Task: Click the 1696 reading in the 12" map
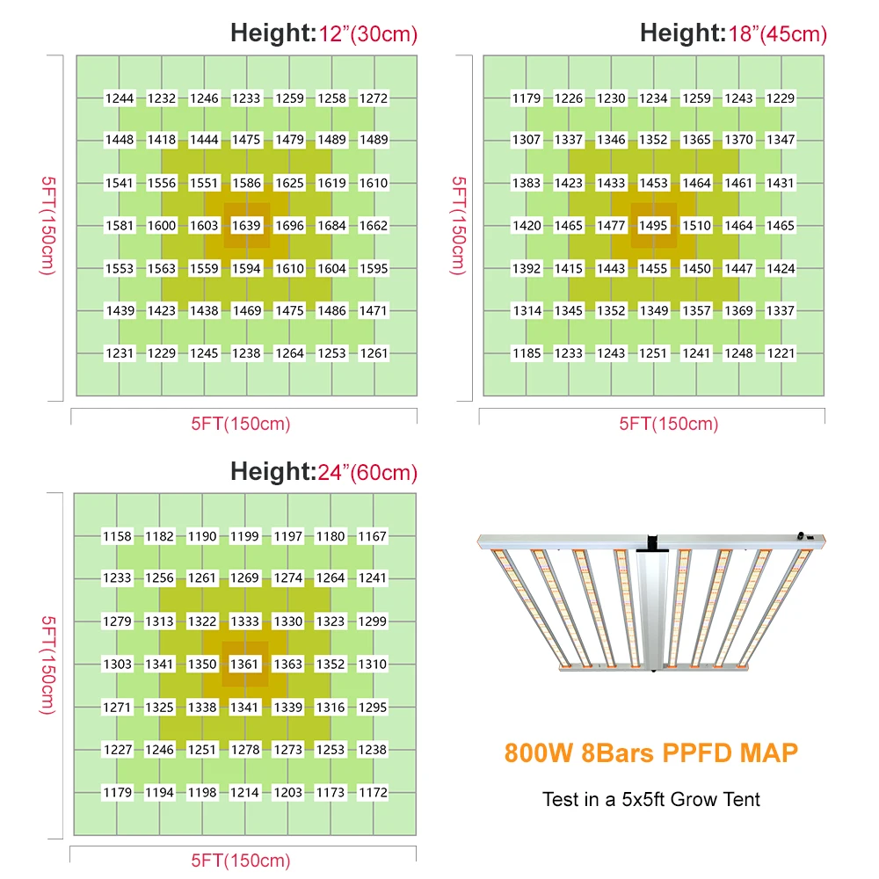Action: coord(289,226)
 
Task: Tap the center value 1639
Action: coord(246,226)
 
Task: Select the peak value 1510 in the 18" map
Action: coord(696,226)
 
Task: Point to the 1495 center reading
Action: coord(653,226)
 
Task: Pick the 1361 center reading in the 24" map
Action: coord(244,665)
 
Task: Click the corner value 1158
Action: coord(117,536)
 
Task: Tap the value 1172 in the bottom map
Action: coord(373,793)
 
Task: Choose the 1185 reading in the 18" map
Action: coord(527,353)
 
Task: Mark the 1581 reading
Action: coord(120,226)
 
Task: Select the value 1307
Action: coord(527,140)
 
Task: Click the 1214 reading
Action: coord(244,793)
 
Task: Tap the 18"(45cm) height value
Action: coord(778,35)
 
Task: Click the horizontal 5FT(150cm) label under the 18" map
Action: coord(668,424)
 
